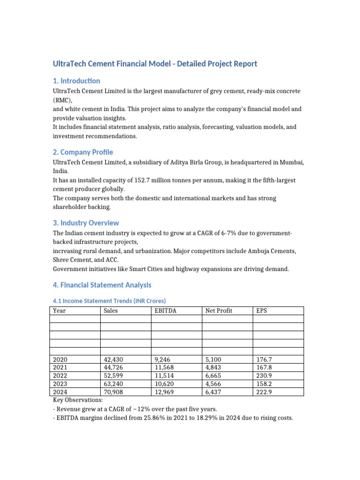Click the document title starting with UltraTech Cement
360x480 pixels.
155,63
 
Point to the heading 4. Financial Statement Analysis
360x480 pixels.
102,285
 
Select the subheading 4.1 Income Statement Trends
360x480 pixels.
109,300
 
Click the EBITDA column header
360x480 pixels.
165,310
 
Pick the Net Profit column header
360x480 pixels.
218,310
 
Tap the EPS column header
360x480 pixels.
262,310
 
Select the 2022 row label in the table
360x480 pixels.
60,376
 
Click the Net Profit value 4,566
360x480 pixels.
215,384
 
